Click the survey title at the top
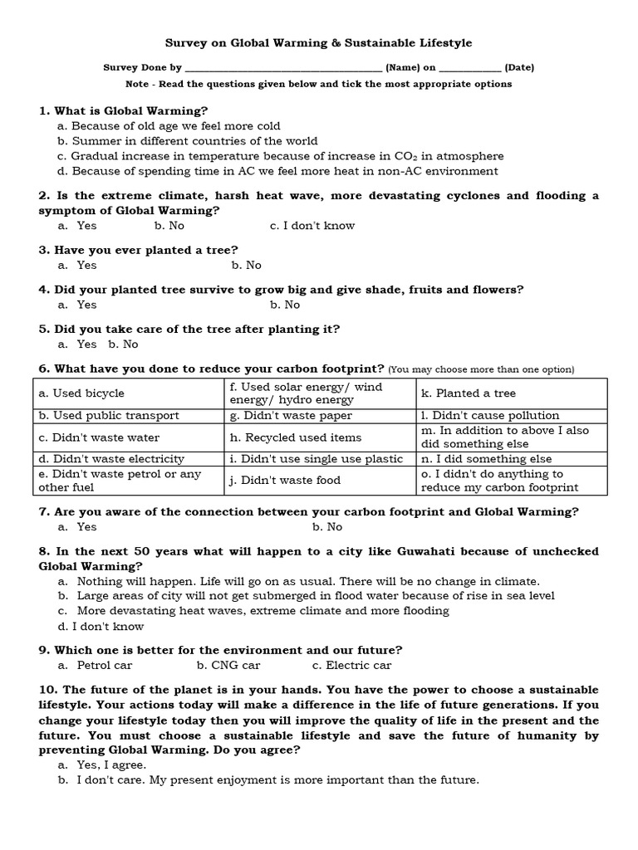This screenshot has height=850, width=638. click(319, 42)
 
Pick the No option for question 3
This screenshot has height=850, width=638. click(247, 265)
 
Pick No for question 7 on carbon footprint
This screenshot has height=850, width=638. click(327, 526)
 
